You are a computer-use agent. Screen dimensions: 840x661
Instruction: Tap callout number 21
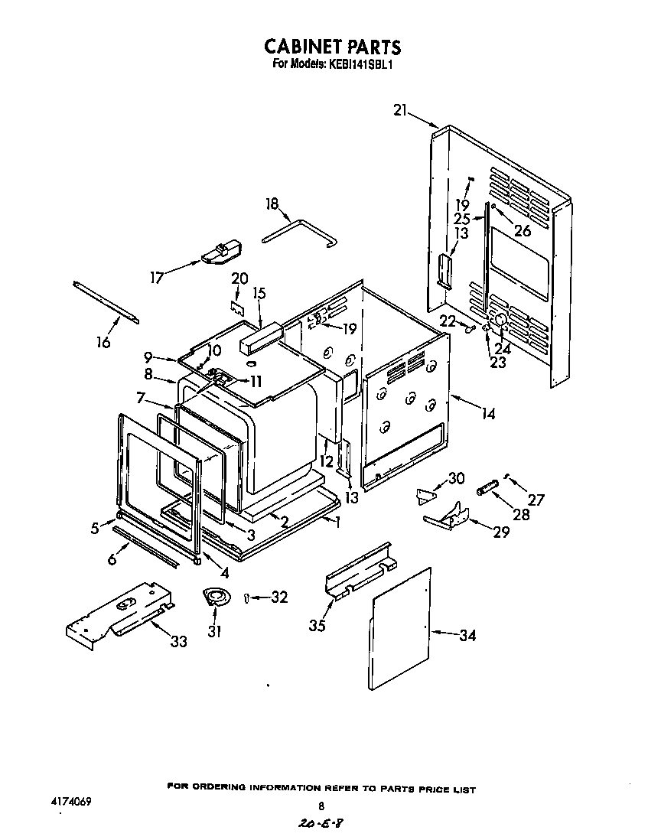pyautogui.click(x=400, y=110)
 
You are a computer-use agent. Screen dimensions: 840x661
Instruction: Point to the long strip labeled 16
pyautogui.click(x=106, y=302)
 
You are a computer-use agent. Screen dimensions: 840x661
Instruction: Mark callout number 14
pyautogui.click(x=487, y=414)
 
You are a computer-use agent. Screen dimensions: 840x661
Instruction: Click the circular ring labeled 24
pyautogui.click(x=498, y=321)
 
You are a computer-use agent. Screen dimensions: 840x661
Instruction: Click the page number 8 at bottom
pyautogui.click(x=321, y=806)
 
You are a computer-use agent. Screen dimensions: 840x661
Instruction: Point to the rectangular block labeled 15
pyautogui.click(x=261, y=337)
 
